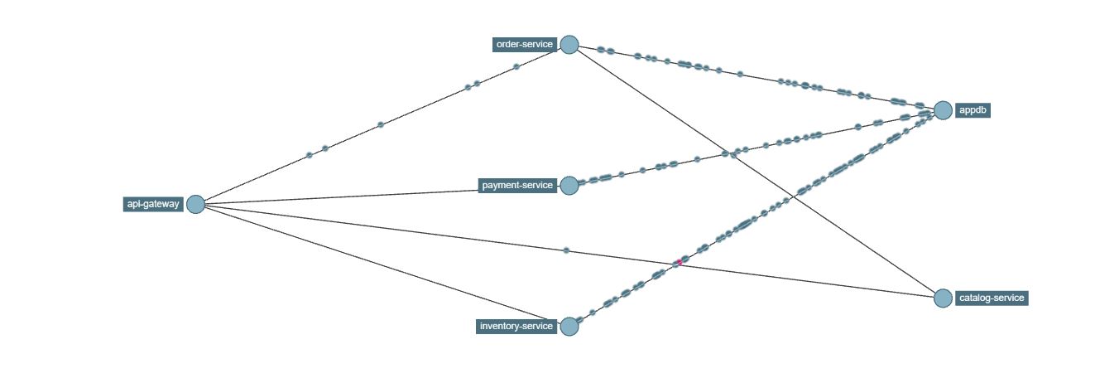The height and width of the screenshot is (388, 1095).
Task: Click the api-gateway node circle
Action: click(x=195, y=204)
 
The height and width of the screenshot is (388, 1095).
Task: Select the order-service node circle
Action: click(x=569, y=45)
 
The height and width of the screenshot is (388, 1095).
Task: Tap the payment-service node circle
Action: click(x=569, y=186)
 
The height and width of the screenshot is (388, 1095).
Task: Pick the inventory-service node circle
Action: click(x=569, y=326)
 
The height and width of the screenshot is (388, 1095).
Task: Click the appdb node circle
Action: click(x=943, y=110)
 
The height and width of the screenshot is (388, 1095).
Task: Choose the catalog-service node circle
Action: click(x=943, y=298)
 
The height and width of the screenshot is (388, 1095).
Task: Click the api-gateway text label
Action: click(x=153, y=204)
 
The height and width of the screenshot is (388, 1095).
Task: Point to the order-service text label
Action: click(x=525, y=45)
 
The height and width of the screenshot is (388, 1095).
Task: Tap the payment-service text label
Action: click(x=518, y=186)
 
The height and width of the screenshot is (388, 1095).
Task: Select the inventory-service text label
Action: click(x=516, y=326)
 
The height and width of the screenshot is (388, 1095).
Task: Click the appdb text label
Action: click(x=973, y=110)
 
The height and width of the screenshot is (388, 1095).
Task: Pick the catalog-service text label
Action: click(x=992, y=298)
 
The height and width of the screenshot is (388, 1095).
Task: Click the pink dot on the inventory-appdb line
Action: click(x=679, y=262)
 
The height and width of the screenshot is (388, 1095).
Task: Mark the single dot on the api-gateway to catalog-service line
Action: click(x=566, y=250)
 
